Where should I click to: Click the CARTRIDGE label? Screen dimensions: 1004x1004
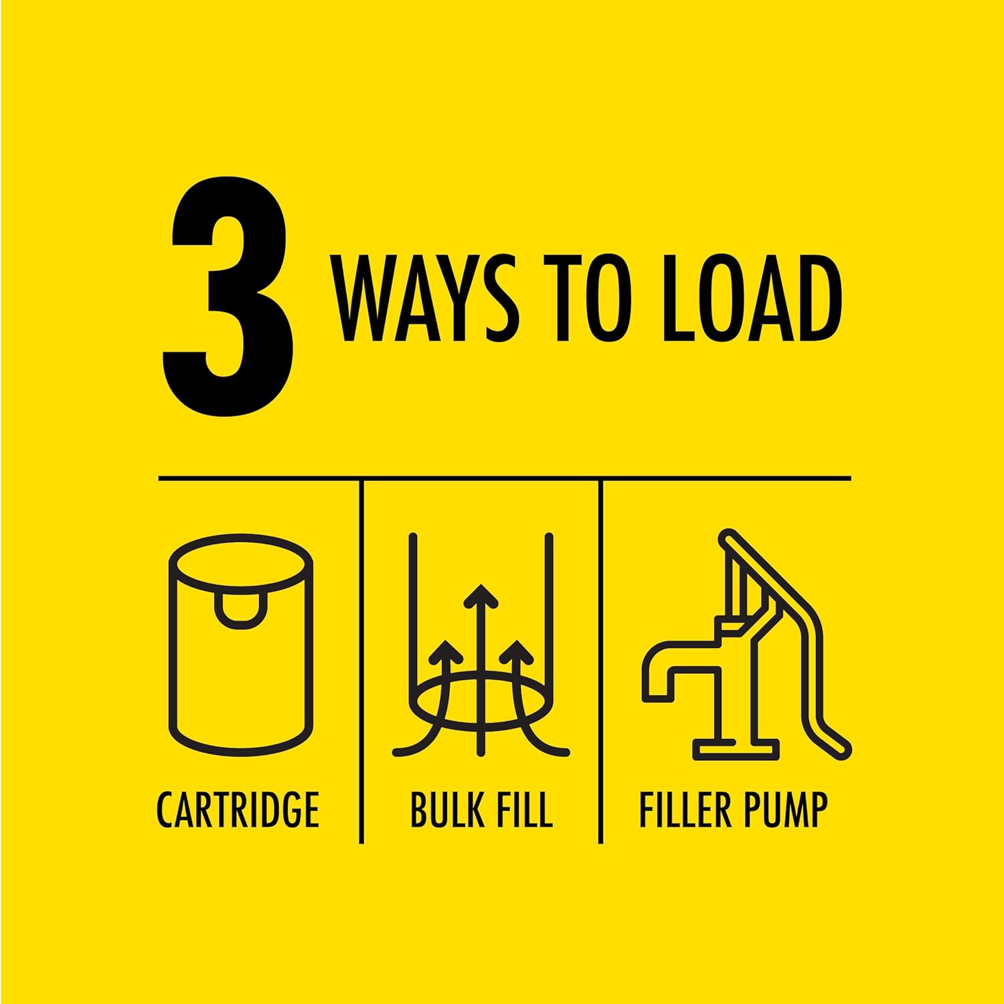point(238,810)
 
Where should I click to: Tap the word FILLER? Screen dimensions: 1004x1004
point(681,810)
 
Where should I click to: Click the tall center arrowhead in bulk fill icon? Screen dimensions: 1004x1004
point(481,595)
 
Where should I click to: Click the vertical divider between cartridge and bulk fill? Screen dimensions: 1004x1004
point(361,661)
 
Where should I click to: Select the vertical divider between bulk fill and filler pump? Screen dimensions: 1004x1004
point(600,661)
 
